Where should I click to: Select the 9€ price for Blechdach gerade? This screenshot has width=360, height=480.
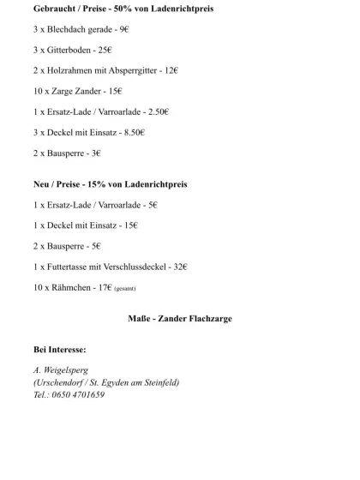tap(124, 29)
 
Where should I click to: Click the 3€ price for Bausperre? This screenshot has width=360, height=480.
tap(96, 153)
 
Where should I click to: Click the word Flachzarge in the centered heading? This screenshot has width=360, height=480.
tap(207, 318)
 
